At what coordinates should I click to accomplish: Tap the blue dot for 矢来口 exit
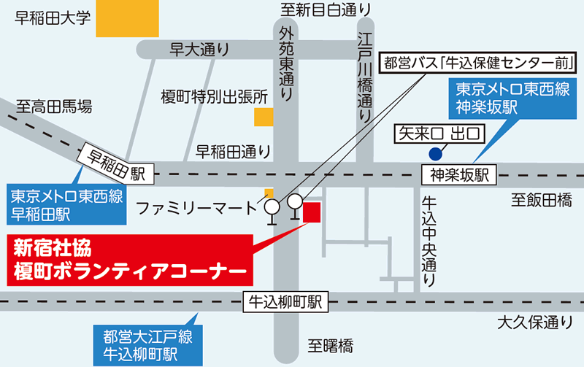(x=435, y=153)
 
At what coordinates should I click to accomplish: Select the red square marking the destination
(x=312, y=212)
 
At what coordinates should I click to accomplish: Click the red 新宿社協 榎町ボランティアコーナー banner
(x=127, y=259)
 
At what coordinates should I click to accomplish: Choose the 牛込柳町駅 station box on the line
(x=285, y=301)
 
